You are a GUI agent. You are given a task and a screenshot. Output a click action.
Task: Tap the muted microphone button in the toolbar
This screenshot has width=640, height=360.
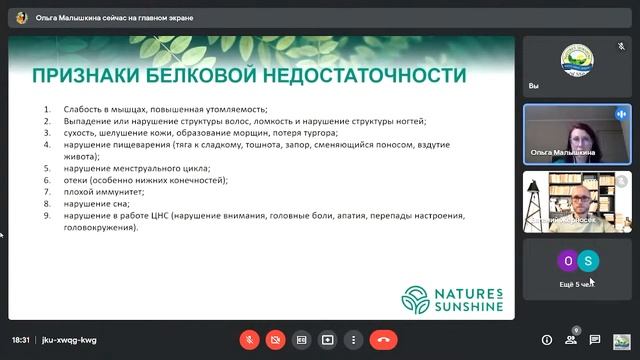pos(249,340)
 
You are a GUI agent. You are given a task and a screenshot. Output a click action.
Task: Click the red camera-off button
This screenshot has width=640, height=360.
pos(275,340)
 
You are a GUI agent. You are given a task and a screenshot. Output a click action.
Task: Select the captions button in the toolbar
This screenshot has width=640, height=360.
pos(301,340)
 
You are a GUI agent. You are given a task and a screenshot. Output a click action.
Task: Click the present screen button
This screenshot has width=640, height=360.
pos(327,340)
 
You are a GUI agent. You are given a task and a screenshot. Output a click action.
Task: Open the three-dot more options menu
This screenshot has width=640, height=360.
pos(353,340)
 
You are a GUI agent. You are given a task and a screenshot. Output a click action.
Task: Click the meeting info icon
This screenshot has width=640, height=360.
pos(546,340)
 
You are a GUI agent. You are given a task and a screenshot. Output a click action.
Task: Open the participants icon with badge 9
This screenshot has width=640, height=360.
pos(571,340)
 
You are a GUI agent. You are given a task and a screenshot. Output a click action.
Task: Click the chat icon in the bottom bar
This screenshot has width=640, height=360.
pos(596,340)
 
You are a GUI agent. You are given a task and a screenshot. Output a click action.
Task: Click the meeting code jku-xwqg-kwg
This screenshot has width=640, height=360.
pos(69,340)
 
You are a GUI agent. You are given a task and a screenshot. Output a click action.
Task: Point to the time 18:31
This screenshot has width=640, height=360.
pos(21,340)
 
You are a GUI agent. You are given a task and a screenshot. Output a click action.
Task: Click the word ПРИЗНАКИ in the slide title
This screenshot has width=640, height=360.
pos(82,76)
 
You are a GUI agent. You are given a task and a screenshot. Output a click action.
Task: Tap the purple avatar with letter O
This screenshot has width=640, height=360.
pos(567,262)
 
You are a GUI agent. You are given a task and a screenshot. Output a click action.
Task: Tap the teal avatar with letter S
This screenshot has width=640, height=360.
pos(590,262)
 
